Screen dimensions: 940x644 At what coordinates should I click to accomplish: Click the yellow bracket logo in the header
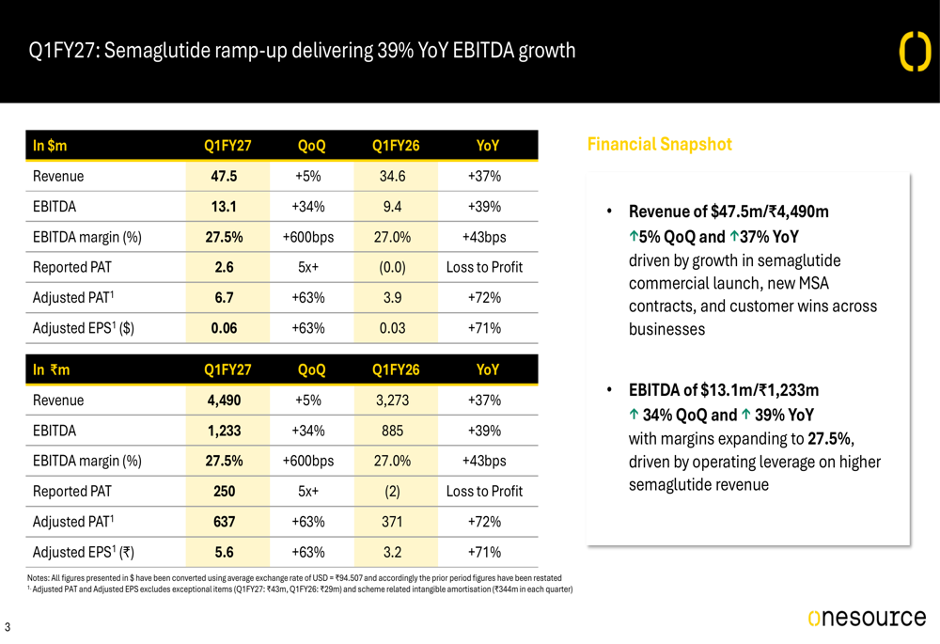click(916, 52)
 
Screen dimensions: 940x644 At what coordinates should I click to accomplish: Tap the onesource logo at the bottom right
click(867, 618)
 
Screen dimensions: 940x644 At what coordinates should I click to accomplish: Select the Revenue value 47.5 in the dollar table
click(224, 177)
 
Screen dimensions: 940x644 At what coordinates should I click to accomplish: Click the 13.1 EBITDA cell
click(224, 207)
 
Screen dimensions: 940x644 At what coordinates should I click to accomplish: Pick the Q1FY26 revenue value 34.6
click(392, 177)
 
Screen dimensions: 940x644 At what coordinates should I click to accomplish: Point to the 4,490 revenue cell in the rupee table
click(224, 401)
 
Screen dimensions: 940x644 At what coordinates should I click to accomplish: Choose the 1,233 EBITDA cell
click(224, 432)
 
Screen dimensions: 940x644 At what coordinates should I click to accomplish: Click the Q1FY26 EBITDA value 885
click(392, 432)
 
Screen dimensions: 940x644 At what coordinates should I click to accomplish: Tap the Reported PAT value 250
click(224, 492)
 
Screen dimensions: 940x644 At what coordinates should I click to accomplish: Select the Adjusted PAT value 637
click(224, 523)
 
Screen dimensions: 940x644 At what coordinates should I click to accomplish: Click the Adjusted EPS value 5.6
click(224, 552)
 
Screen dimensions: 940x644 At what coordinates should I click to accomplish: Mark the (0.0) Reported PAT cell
click(392, 267)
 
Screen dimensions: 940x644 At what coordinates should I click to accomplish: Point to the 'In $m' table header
click(50, 146)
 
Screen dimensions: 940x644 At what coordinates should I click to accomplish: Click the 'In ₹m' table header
click(51, 370)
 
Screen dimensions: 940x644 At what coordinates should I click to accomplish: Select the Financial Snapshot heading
click(660, 145)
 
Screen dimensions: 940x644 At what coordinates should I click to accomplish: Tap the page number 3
click(8, 627)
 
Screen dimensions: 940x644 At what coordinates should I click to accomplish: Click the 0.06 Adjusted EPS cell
click(224, 329)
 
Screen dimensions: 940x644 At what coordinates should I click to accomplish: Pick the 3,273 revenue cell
click(392, 401)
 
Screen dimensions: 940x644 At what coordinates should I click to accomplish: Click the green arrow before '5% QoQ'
click(633, 237)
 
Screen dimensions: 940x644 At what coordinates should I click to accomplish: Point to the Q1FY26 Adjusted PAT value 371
click(392, 523)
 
